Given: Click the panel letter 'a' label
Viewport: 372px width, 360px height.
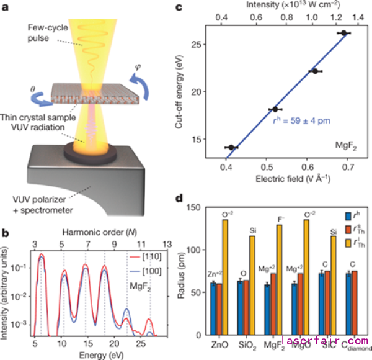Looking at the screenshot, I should coord(6,7).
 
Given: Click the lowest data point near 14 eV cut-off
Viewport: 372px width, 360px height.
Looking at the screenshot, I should coord(231,147).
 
